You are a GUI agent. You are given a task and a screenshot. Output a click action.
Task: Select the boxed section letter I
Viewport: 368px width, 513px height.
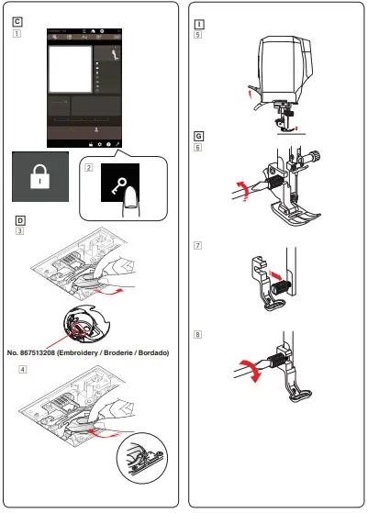coord(199,19)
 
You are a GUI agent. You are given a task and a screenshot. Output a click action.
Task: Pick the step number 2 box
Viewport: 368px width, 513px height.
coord(88,168)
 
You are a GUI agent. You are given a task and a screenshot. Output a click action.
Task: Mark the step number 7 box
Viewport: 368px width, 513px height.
coord(199,246)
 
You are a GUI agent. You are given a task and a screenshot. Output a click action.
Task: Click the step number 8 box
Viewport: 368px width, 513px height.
coord(199,333)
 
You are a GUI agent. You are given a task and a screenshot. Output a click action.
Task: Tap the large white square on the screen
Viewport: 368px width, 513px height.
coord(69,70)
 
